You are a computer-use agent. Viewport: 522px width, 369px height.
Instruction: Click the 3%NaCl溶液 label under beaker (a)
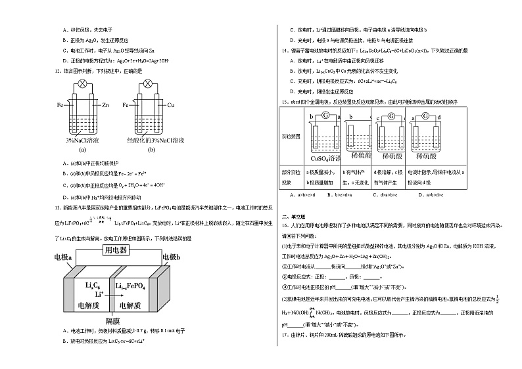click(x=83, y=141)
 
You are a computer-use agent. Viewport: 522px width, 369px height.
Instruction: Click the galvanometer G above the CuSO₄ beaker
click(x=324, y=117)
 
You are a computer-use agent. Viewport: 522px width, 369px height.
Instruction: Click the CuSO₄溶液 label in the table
click(x=324, y=158)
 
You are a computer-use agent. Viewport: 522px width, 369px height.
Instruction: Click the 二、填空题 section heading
click(x=291, y=216)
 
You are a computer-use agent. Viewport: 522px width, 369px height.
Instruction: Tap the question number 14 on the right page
click(x=284, y=50)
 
